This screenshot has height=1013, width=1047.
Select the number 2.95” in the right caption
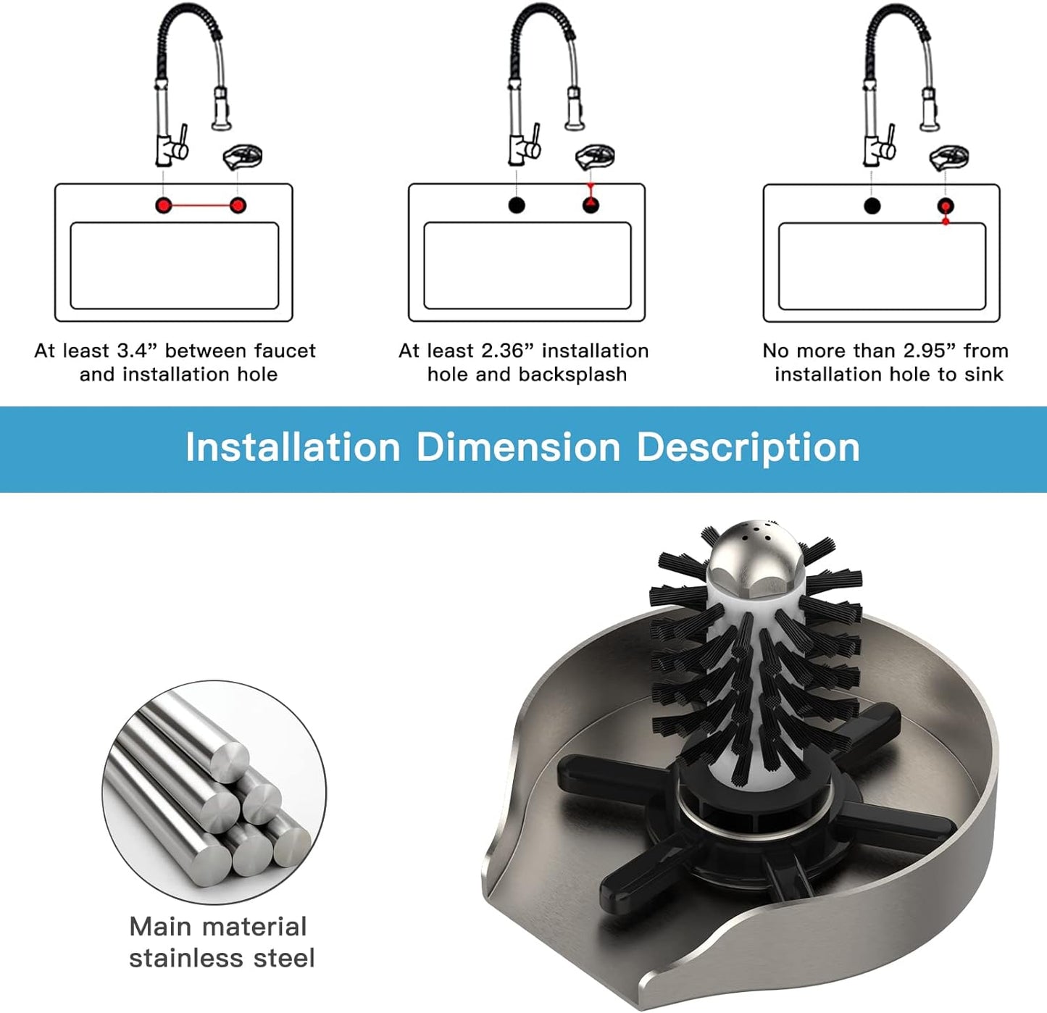930,351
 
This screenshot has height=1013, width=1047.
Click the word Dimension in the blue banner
519,447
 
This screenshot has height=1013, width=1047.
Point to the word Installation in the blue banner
293,447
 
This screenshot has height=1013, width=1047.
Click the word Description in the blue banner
748,448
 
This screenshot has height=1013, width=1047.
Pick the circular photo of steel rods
214,791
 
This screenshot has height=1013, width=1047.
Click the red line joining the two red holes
201,205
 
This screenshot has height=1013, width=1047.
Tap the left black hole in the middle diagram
517,205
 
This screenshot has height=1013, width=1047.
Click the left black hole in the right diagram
872,206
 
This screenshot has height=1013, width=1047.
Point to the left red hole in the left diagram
164,205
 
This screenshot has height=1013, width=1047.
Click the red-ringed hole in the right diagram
946,206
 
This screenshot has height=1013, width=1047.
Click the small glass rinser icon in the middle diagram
596,157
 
